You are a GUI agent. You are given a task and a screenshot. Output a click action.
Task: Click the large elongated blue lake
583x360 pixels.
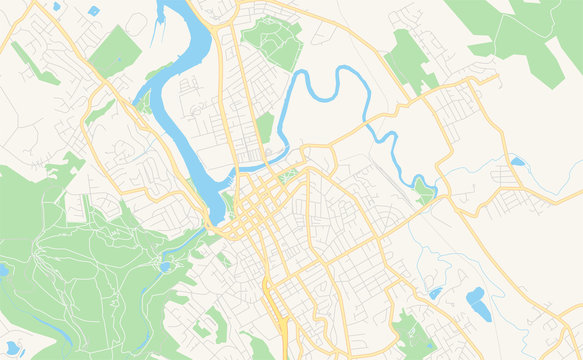click(x=479, y=303)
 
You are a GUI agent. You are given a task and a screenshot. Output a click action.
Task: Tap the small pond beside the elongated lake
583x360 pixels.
click(x=436, y=293)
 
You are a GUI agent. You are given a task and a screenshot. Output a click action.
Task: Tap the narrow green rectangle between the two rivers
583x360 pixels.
click(x=264, y=127)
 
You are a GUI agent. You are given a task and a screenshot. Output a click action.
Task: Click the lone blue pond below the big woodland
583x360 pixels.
click(x=516, y=161)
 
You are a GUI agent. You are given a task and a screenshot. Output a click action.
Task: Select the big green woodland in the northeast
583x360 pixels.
click(x=520, y=30)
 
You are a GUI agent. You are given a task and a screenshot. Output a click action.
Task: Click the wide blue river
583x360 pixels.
click(x=185, y=110)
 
